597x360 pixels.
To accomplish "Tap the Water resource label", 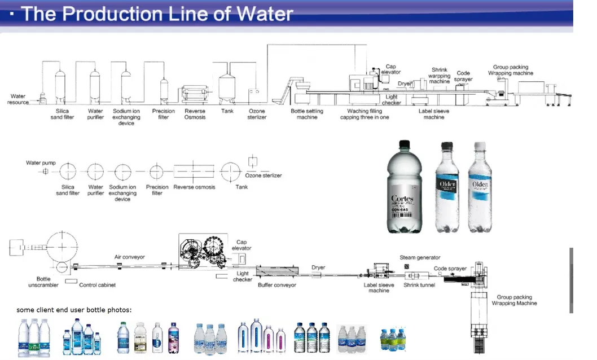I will [18, 99].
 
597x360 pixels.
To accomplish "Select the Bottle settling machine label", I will [307, 114].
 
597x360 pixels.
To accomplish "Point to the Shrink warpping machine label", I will [439, 76].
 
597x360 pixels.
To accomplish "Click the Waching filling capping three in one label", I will [364, 114].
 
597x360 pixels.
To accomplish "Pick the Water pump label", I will [41, 163].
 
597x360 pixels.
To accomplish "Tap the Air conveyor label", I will [129, 257].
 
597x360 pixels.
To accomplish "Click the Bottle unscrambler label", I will [43, 282].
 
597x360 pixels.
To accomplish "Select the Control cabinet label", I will [97, 286].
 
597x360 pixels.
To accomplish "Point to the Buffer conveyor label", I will [276, 286].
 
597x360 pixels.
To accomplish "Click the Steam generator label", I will [420, 258].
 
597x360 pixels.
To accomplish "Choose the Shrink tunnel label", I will [419, 286].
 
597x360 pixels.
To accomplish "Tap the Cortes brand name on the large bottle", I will [402, 199].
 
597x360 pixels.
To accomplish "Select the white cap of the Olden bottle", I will [480, 146].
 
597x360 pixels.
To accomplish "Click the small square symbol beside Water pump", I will [46, 171].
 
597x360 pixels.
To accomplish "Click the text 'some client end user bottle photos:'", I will [74, 310].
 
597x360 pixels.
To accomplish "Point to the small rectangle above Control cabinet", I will [71, 280].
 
